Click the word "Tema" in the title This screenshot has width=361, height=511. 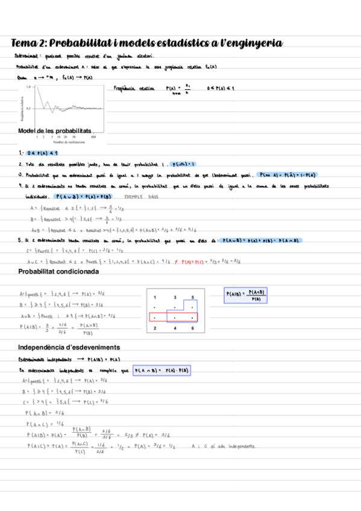[x=27, y=43]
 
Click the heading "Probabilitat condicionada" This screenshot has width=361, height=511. [x=58, y=273]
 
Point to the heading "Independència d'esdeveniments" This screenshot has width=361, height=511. [x=68, y=348]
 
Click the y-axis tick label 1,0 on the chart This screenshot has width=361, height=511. [x=28, y=87]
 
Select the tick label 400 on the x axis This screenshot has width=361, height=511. [x=93, y=137]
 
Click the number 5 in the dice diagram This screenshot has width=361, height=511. [x=192, y=298]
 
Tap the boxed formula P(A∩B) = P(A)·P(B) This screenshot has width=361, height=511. [x=162, y=370]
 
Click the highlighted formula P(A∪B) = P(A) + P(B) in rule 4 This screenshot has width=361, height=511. [x=83, y=196]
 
